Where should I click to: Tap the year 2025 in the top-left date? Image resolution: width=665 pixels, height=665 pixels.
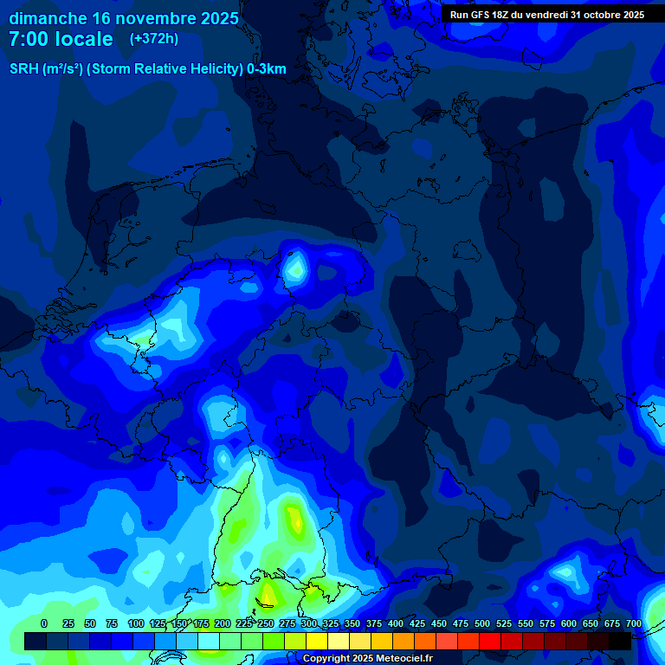pyautogui.click(x=219, y=18)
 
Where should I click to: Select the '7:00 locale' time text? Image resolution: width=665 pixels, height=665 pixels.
pyautogui.click(x=61, y=39)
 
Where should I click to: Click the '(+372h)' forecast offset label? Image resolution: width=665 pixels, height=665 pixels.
pyautogui.click(x=154, y=39)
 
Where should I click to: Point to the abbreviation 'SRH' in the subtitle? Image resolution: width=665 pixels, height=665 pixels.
pyautogui.click(x=24, y=69)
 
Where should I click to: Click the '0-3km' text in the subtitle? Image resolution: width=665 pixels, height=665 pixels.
pyautogui.click(x=267, y=69)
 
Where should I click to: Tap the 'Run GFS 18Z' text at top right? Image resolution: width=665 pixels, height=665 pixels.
pyautogui.click(x=481, y=15)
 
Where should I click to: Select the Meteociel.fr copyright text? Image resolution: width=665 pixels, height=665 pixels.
pyautogui.click(x=367, y=659)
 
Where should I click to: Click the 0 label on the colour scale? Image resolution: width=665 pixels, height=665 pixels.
pyautogui.click(x=44, y=623)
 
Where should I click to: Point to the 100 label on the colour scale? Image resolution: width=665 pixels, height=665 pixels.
pyautogui.click(x=136, y=623)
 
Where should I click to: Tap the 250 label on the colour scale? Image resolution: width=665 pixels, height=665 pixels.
pyautogui.click(x=266, y=623)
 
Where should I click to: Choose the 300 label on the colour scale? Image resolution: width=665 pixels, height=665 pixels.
pyautogui.click(x=309, y=623)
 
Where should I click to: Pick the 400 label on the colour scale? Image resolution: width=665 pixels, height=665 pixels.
pyautogui.click(x=396, y=623)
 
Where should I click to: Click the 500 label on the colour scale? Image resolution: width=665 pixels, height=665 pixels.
pyautogui.click(x=482, y=623)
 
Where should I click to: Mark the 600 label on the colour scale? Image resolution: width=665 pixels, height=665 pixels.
pyautogui.click(x=569, y=623)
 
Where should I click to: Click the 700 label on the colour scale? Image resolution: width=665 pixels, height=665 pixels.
pyautogui.click(x=633, y=623)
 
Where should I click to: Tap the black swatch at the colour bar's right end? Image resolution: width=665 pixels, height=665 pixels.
pyautogui.click(x=620, y=641)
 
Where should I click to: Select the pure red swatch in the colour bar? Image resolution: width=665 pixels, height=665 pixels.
pyautogui.click(x=490, y=641)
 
